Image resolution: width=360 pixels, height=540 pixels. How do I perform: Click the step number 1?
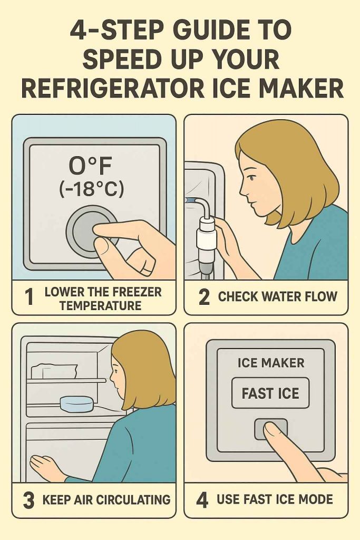point(30,297)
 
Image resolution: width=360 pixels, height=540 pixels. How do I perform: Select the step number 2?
point(204,297)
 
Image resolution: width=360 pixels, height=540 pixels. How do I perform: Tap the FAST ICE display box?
point(270,393)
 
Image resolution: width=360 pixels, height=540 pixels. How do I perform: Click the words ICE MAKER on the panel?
point(271,363)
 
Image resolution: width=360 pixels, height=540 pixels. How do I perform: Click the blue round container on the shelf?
point(77,403)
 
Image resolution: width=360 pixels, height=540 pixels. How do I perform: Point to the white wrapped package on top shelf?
point(54,371)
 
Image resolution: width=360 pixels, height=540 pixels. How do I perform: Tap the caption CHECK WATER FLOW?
point(277,296)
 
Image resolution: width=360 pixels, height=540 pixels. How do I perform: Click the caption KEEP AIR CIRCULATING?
point(106,499)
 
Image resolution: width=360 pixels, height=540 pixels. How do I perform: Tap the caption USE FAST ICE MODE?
point(275,499)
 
